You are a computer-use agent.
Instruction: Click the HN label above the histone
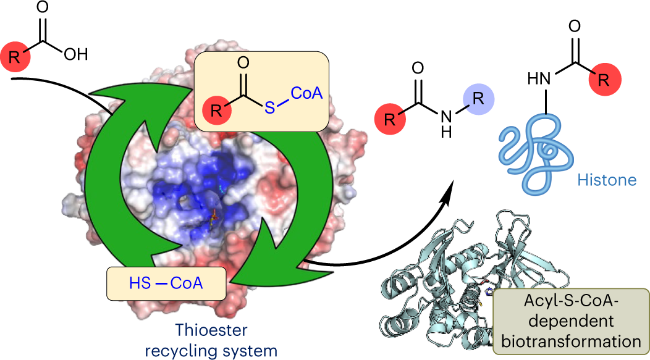(x=539, y=78)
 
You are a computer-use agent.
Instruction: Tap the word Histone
(x=607, y=180)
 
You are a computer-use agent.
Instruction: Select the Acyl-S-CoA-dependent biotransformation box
(x=569, y=321)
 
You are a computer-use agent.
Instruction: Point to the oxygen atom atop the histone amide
(x=574, y=27)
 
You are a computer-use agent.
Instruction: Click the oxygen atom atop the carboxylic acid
(x=43, y=7)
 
